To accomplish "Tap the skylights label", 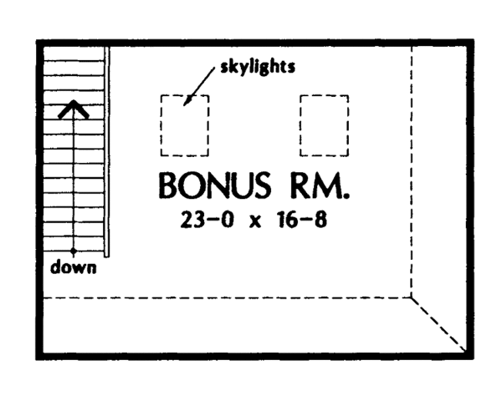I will pyautogui.click(x=256, y=68).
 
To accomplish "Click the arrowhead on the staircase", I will pyautogui.click(x=74, y=106).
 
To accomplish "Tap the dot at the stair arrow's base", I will pyautogui.click(x=74, y=251).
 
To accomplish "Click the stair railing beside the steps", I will pyautogui.click(x=107, y=150).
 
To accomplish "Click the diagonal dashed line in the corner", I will pyautogui.click(x=437, y=321).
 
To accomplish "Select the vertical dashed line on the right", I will pyautogui.click(x=412, y=167).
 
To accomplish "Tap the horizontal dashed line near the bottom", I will pyautogui.click(x=226, y=297).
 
